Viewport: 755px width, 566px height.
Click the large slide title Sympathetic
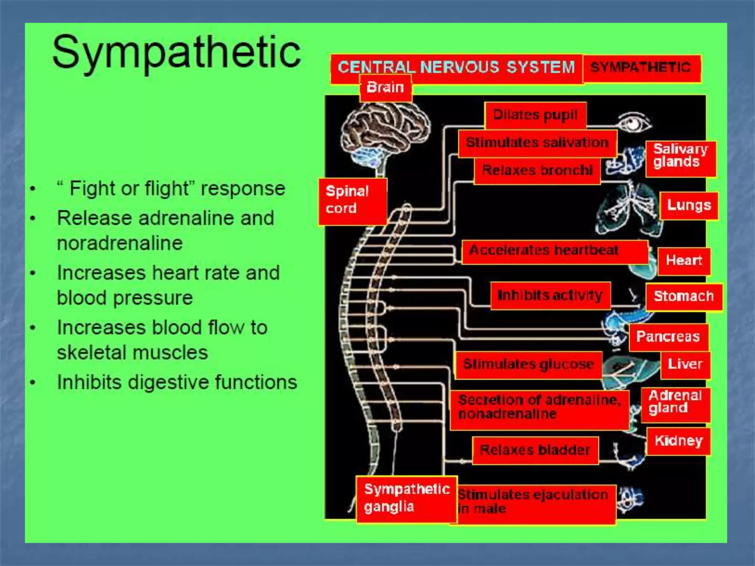coord(176,53)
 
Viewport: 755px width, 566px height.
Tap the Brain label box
coord(385,88)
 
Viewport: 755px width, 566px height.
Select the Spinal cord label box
coord(352,201)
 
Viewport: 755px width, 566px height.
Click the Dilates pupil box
coord(535,115)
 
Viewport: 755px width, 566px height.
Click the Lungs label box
coord(689,205)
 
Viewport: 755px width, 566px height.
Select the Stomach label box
coord(683,297)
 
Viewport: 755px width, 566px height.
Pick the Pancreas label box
coord(668,337)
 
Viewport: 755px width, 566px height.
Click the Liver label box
coord(685,365)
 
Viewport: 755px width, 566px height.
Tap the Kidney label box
coord(678,441)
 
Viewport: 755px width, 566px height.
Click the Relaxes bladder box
coord(535,450)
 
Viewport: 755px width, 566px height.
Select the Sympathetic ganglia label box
coord(406,499)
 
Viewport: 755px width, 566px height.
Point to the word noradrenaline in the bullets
coord(120,243)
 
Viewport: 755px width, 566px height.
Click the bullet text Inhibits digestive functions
coord(177,382)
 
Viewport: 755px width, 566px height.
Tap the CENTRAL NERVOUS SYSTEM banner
coord(456,68)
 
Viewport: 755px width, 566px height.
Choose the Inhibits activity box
coord(550,296)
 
